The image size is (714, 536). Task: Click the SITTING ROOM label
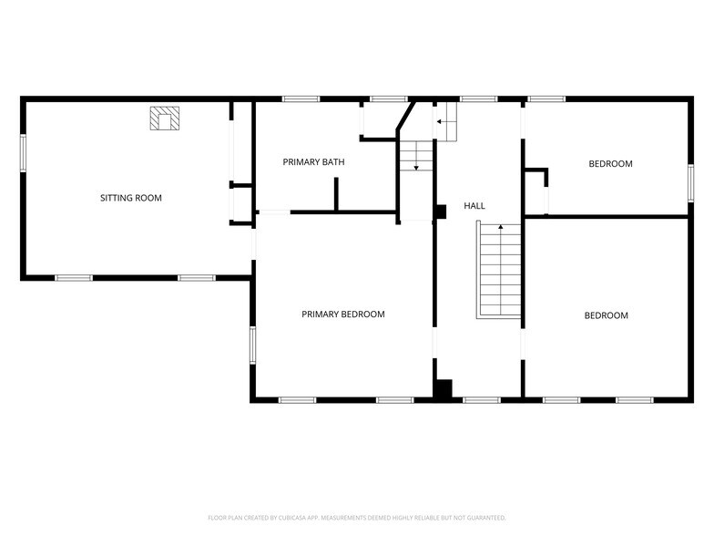point(131,198)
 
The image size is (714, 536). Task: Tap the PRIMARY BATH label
point(313,162)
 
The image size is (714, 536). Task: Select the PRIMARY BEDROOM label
point(343,314)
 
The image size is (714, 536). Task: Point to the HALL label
point(474,207)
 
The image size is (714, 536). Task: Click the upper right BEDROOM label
point(610,164)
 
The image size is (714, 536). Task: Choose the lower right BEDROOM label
point(607,315)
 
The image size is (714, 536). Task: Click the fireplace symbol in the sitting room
point(166,119)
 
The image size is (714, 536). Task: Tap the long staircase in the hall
point(499,271)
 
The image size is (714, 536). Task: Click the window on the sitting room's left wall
point(23,152)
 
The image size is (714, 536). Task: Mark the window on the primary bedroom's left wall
point(253,346)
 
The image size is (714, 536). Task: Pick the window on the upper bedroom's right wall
point(690,182)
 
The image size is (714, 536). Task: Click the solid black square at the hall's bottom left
point(443,389)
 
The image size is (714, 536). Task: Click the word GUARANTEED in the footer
point(485,517)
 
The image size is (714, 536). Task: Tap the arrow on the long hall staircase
point(500,226)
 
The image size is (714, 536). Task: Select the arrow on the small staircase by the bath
point(416,167)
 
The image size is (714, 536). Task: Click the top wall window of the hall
point(478,98)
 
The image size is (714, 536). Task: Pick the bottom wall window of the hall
point(482,399)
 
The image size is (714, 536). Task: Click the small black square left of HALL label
point(441,211)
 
